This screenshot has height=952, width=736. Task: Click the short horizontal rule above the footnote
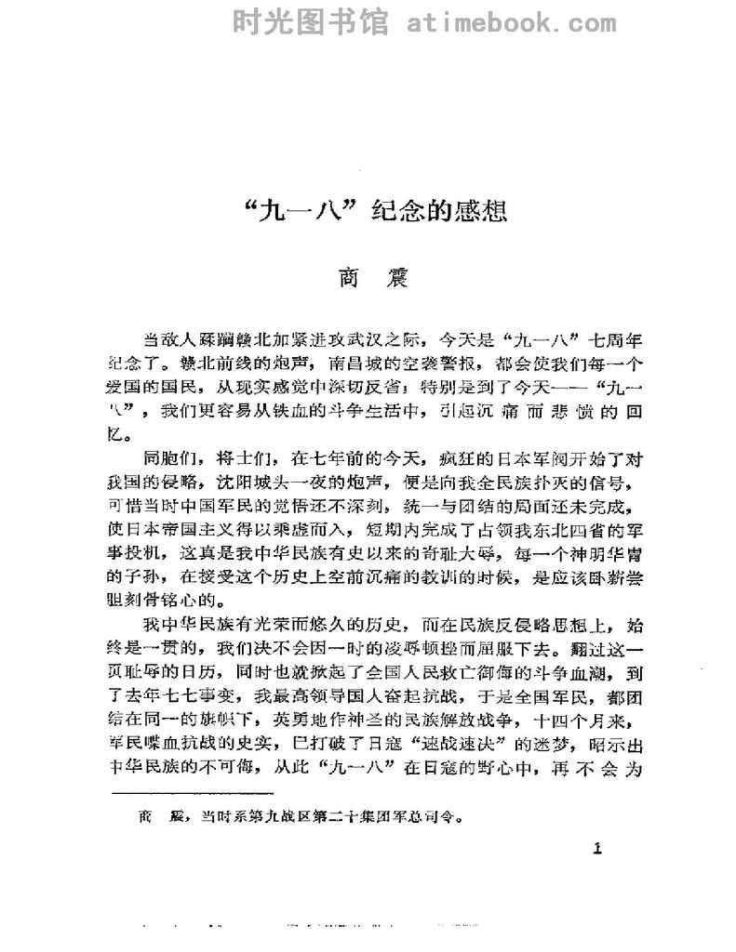(192, 793)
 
